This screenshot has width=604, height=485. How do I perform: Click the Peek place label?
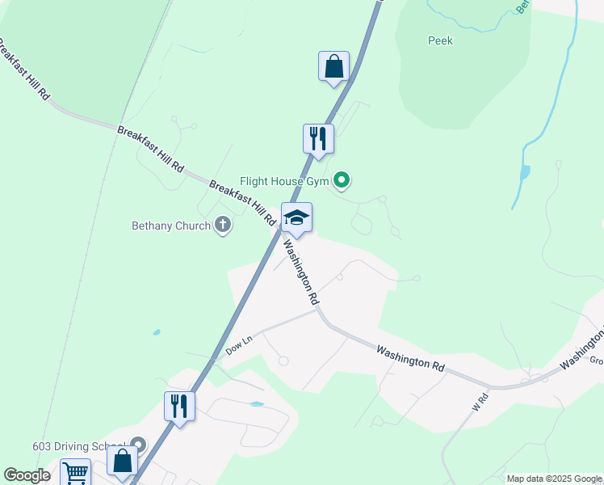pos(440,40)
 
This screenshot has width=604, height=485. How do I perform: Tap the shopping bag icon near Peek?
pos(333,67)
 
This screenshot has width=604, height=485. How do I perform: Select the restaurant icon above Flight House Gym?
pos(318,138)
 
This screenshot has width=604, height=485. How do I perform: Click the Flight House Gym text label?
pos(284,181)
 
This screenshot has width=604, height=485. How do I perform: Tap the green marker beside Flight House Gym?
pos(342,180)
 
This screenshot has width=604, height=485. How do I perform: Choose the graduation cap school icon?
pos(296,217)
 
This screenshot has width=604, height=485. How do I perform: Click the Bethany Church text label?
pos(171,226)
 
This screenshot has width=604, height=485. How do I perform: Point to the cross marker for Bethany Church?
pos(223,226)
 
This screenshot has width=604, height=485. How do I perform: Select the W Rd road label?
pos(480,400)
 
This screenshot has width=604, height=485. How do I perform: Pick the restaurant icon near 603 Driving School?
pos(179,405)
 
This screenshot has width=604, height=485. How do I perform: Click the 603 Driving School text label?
pos(78,446)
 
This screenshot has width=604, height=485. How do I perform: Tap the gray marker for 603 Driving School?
pos(139,445)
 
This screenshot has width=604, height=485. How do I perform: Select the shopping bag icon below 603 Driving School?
pos(123,462)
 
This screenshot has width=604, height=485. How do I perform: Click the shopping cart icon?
pos(75,472)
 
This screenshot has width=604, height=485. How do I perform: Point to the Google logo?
pos(27,475)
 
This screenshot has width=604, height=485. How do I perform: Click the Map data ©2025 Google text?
pos(553,479)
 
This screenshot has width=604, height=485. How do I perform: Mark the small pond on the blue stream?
pos(526,172)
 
